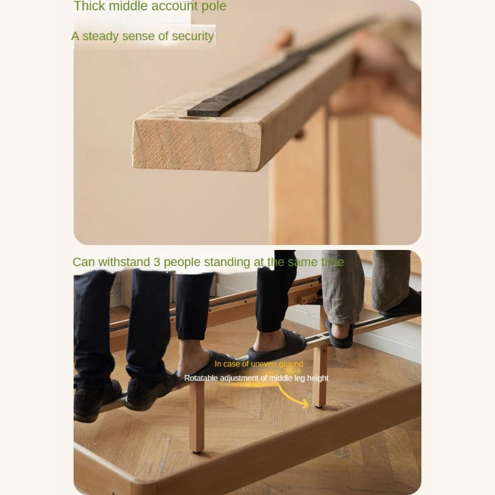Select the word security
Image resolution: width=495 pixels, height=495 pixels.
(x=192, y=36)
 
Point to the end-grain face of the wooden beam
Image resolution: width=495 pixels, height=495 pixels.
(x=196, y=144)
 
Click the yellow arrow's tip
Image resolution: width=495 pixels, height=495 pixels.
(x=308, y=403)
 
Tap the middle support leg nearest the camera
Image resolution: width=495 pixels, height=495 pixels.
(x=197, y=417)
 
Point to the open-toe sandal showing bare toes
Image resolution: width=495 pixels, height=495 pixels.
(x=340, y=334)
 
